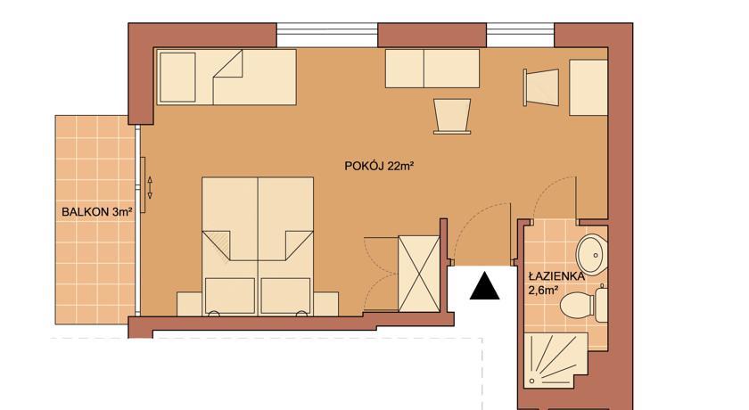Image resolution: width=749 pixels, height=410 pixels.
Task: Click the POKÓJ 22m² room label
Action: click(x=378, y=166)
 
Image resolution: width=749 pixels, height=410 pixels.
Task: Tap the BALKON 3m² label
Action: click(x=96, y=212)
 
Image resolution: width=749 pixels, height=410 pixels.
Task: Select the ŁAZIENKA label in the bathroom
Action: click(x=556, y=276)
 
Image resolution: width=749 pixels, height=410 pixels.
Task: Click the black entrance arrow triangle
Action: click(x=484, y=286)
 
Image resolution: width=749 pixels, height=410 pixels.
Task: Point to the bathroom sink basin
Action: click(x=591, y=254)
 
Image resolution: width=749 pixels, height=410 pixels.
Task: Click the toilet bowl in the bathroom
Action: click(x=577, y=304)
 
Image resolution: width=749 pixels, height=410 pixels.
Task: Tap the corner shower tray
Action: click(x=556, y=360)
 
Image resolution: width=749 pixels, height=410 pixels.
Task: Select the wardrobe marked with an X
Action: click(x=419, y=274)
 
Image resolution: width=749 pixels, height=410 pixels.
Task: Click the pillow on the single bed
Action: click(x=177, y=78)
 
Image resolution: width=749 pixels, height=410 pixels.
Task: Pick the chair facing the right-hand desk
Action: click(x=541, y=87)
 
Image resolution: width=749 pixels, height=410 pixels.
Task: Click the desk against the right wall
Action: click(x=588, y=87)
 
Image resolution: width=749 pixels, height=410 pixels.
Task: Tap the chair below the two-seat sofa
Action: click(x=452, y=116)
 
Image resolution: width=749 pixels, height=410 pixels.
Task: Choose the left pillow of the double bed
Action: click(x=230, y=296)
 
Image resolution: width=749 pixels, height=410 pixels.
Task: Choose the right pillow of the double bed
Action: click(x=285, y=296)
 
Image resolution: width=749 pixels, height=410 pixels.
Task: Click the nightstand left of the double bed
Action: click(x=190, y=304)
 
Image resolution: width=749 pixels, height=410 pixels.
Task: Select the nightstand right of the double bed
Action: click(x=325, y=304)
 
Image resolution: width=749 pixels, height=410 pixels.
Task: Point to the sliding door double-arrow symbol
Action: click(x=150, y=187)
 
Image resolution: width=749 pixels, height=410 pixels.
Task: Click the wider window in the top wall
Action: click(x=327, y=35)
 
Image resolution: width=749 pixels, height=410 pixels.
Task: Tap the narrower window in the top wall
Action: click(x=520, y=35)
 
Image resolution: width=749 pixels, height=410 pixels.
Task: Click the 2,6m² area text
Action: click(x=543, y=290)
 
